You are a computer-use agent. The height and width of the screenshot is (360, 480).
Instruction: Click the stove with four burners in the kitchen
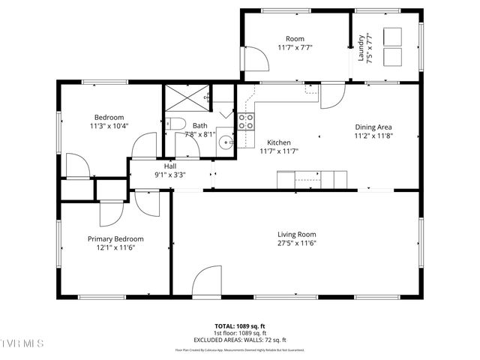[x=246, y=121]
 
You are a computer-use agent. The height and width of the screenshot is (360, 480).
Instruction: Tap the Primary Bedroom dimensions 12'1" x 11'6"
[x=115, y=248]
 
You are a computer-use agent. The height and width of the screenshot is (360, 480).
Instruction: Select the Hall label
[x=170, y=166]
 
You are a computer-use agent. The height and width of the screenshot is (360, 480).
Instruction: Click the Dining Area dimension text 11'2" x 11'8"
[x=373, y=136]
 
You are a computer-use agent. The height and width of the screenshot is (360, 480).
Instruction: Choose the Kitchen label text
[x=279, y=142]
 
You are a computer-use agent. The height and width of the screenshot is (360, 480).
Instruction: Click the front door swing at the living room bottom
[x=205, y=284]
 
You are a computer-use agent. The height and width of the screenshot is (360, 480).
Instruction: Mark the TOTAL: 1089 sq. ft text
[x=240, y=326]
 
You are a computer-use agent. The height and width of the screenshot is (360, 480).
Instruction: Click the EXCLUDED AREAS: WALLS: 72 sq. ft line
[x=240, y=339]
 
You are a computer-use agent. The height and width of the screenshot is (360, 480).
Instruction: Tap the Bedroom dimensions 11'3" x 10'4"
[x=109, y=126]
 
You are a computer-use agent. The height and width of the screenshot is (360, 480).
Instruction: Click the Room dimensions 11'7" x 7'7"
[x=295, y=47]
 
